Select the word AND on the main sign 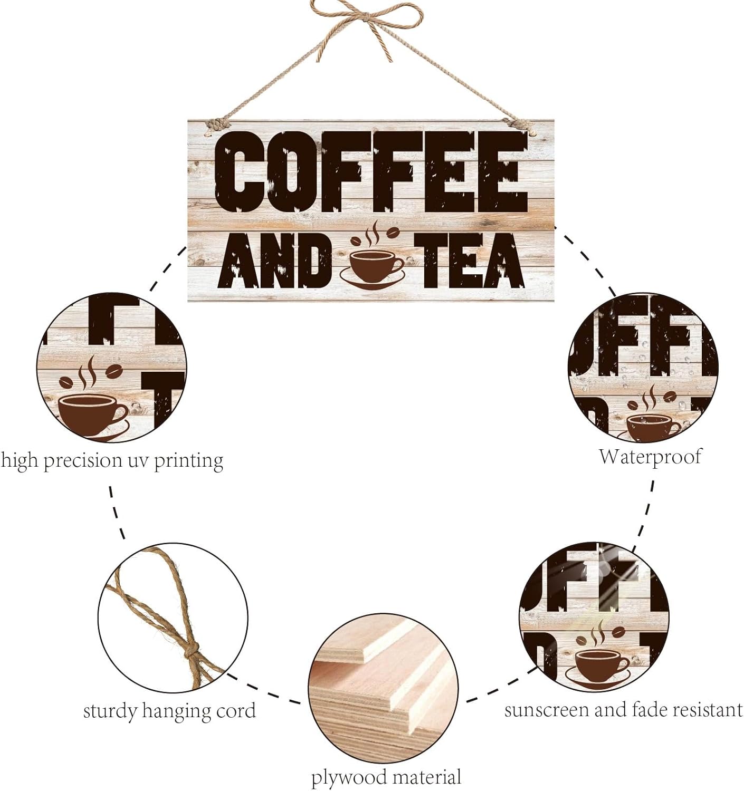coord(275,261)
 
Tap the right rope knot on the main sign coord(521,126)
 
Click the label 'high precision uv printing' coord(112,461)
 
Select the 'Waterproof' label coord(650,457)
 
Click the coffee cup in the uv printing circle coord(92,415)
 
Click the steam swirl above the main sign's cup coord(373,234)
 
